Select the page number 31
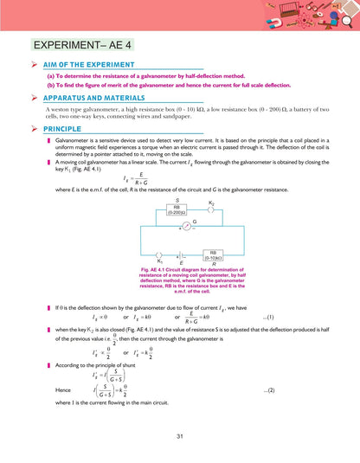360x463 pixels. [x=180, y=434]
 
